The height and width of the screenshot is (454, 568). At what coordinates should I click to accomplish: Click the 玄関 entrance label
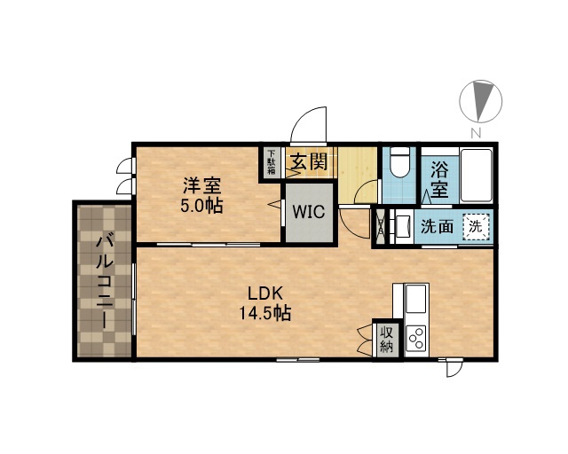[x=310, y=161]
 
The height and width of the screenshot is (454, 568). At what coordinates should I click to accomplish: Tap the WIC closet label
[x=309, y=212]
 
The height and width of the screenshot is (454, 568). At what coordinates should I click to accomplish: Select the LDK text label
[x=264, y=294]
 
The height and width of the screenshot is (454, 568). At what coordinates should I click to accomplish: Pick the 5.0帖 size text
[x=201, y=206]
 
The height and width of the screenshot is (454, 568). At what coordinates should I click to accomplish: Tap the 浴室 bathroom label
[x=440, y=179]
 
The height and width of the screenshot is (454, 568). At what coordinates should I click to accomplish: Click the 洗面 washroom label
[x=437, y=227]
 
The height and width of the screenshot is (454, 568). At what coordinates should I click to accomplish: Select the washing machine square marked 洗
[x=476, y=227]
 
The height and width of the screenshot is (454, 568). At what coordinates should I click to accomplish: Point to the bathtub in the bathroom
[x=476, y=176]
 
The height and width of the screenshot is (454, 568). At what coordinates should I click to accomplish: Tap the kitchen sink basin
[x=415, y=299]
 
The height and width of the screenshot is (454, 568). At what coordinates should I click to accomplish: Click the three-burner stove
[x=416, y=338]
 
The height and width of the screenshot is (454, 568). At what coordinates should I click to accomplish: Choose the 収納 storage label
[x=387, y=340]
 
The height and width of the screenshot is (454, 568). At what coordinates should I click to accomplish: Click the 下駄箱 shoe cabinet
[x=272, y=161]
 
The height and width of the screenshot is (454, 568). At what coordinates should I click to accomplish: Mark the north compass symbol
[x=481, y=101]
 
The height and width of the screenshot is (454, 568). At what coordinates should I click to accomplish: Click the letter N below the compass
[x=476, y=133]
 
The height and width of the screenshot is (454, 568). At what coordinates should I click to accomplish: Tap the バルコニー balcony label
[x=105, y=281]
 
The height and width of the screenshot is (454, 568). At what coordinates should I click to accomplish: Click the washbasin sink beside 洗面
[x=402, y=226]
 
